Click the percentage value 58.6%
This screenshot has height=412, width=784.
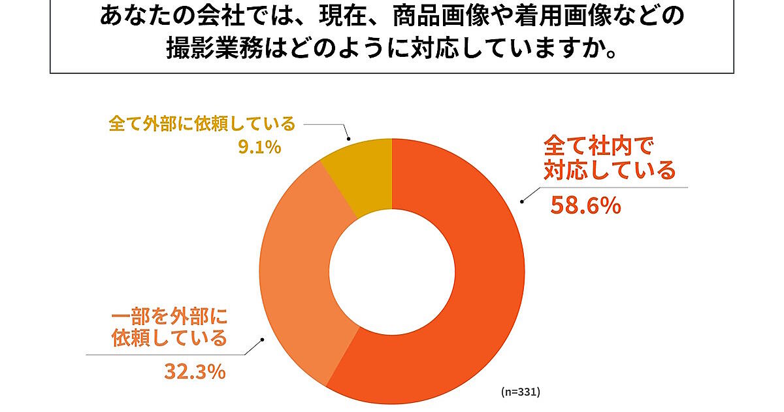pyautogui.click(x=585, y=206)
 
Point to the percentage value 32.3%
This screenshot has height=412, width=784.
pyautogui.click(x=194, y=372)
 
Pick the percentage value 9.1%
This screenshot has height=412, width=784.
pyautogui.click(x=259, y=147)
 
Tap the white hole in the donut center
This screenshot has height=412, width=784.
pyautogui.click(x=391, y=271)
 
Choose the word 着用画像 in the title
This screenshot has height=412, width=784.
pyautogui.click(x=553, y=16)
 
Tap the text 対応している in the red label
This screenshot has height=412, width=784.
pyautogui.click(x=610, y=171)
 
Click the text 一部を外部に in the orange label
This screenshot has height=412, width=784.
pyautogui.click(x=168, y=317)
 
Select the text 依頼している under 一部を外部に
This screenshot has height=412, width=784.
pyautogui.click(x=169, y=338)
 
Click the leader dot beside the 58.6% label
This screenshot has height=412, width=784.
pyautogui.click(x=521, y=201)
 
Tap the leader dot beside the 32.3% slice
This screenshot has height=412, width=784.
pyautogui.click(x=263, y=339)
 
